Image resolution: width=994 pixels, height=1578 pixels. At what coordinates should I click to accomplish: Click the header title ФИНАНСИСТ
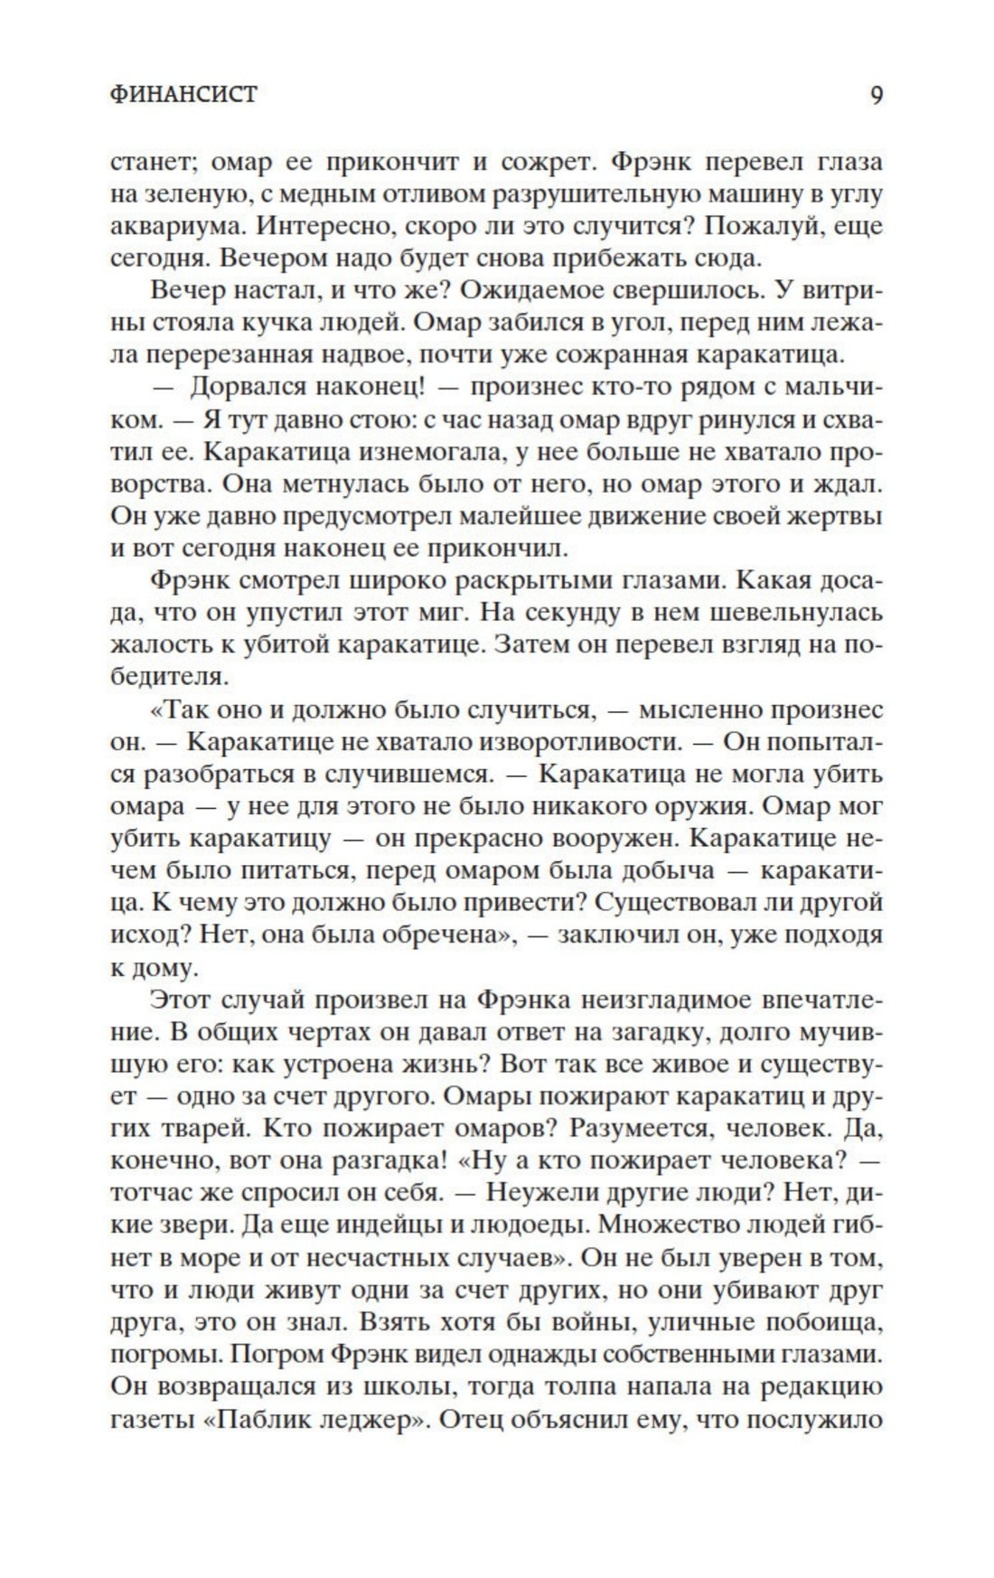click(183, 94)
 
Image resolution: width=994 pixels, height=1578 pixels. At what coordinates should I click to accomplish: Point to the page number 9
click(876, 94)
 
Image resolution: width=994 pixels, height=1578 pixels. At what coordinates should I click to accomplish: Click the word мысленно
click(695, 709)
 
